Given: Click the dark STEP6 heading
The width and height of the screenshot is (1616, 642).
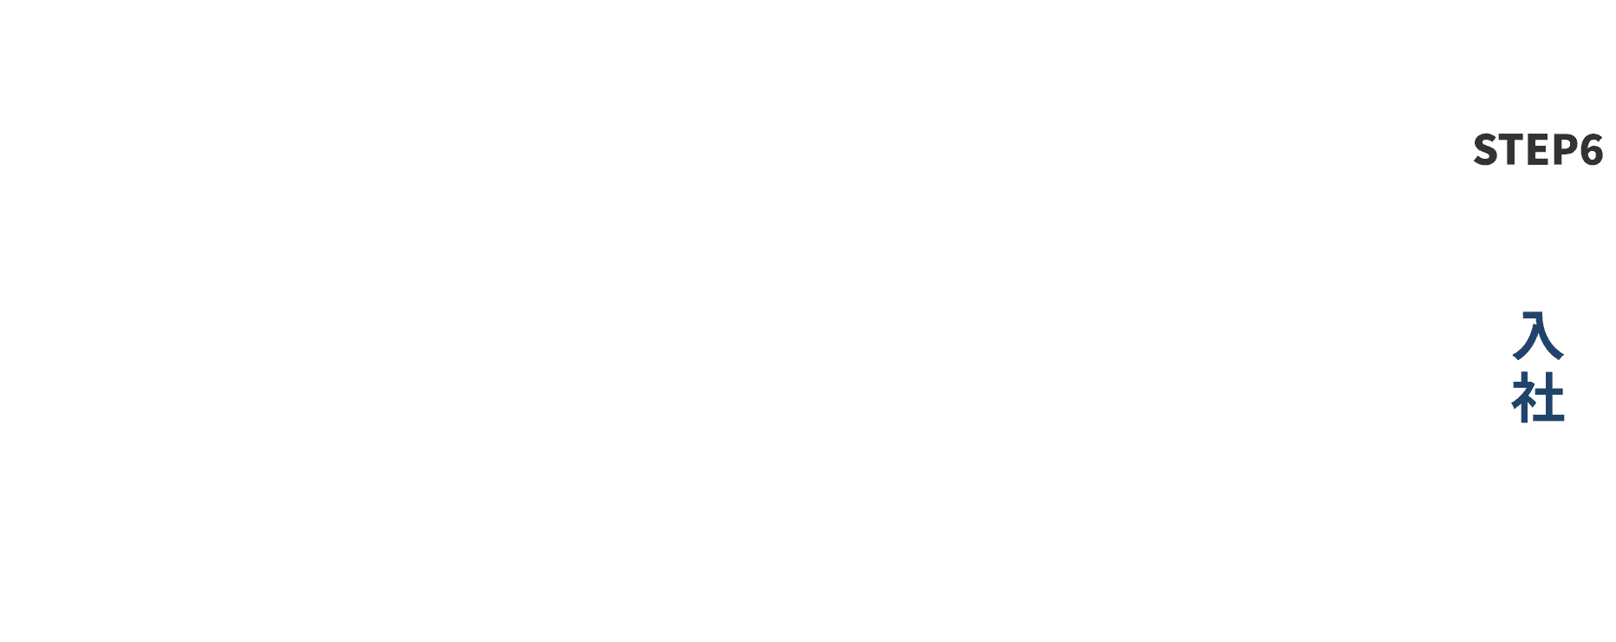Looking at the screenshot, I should pos(1538,150).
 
